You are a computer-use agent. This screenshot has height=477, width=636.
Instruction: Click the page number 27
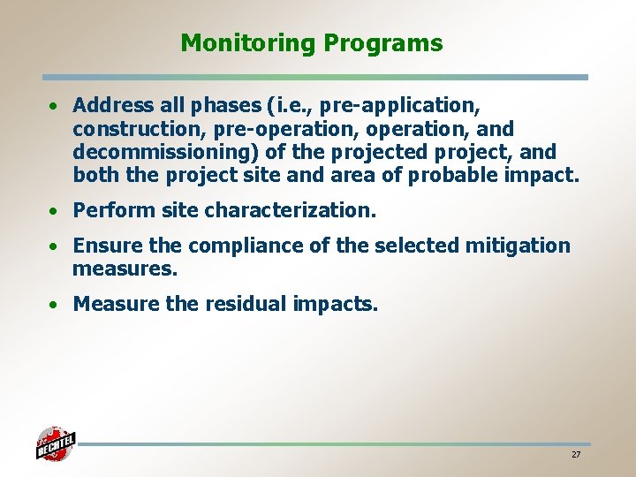point(576,454)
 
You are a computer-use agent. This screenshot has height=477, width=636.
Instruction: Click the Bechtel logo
point(55,443)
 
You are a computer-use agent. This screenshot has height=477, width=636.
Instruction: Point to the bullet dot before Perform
point(55,212)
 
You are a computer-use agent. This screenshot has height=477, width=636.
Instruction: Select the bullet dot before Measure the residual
point(55,306)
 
